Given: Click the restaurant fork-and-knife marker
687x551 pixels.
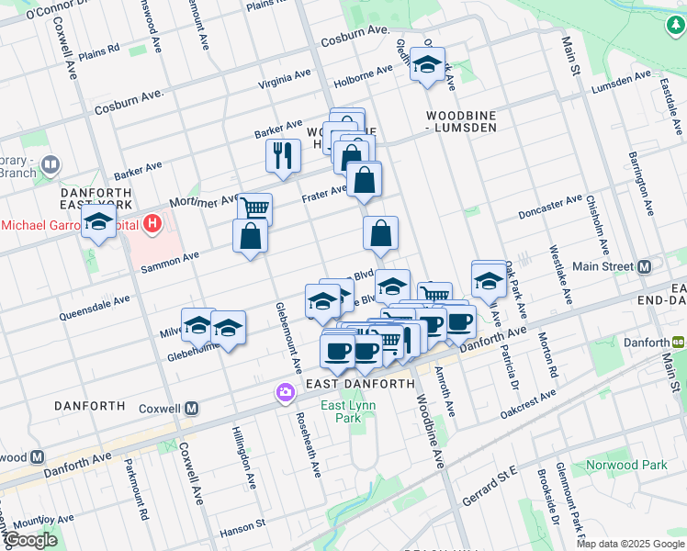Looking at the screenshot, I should [x=283, y=156].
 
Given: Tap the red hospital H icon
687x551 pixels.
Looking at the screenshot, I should [x=152, y=222].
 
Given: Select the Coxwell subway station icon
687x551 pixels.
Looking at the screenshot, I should [x=192, y=408].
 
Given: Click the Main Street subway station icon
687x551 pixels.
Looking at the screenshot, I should [x=645, y=267].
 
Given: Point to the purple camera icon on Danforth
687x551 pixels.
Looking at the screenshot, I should [x=286, y=393].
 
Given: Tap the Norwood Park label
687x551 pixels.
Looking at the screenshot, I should [x=630, y=465].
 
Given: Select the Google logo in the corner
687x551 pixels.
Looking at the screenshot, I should [x=30, y=540].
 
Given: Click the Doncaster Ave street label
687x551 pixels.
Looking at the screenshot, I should [x=550, y=200].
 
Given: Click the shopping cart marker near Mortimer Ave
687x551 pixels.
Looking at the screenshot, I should [x=255, y=208].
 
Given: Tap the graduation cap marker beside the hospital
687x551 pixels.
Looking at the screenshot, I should [x=98, y=221].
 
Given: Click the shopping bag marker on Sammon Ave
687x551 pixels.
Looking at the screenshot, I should [x=251, y=237].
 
